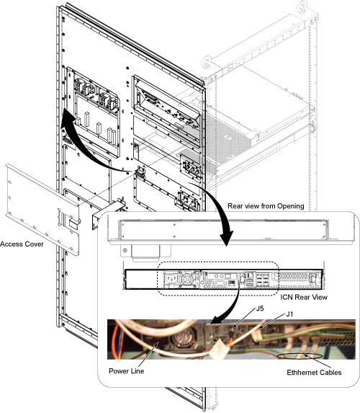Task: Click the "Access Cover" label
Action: [22, 244]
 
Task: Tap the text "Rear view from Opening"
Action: [266, 206]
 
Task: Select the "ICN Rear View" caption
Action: [304, 297]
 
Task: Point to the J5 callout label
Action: [260, 308]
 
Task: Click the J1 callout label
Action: [289, 314]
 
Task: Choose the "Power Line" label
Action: [126, 371]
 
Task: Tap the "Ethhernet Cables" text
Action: [314, 373]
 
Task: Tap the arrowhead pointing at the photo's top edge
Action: [216, 321]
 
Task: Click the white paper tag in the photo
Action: [218, 350]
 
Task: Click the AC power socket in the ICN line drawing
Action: [171, 278]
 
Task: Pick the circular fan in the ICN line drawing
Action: [188, 279]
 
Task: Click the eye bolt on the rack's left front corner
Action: [207, 62]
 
